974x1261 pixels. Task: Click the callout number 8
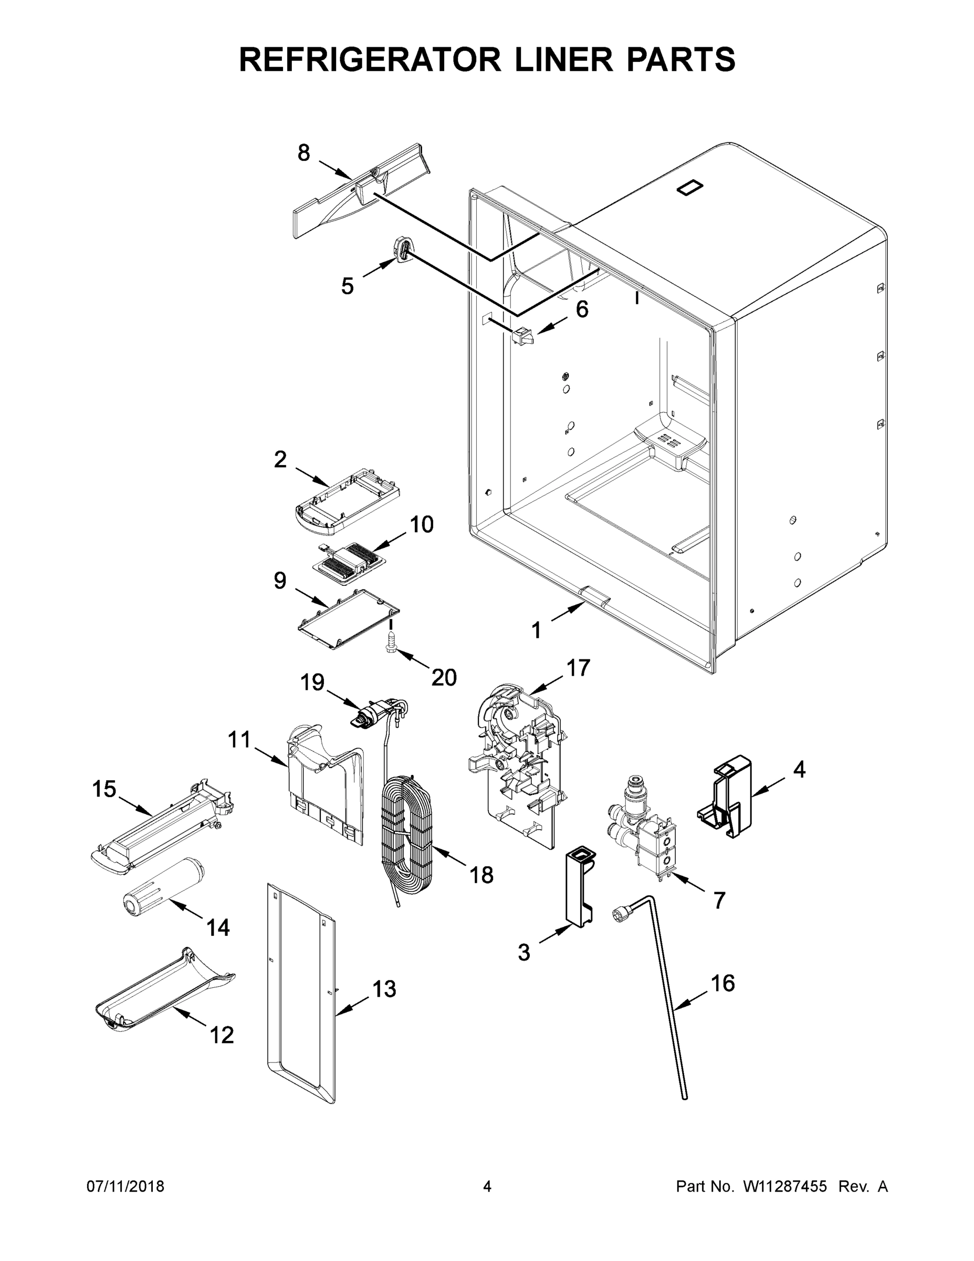(x=303, y=153)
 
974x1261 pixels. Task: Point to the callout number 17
(x=578, y=668)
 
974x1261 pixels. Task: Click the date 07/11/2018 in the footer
(x=125, y=1186)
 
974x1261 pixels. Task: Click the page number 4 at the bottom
(x=487, y=1186)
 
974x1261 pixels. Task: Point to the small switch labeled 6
(x=523, y=335)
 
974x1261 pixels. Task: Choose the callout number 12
(x=222, y=1035)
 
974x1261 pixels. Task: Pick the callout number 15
(x=104, y=789)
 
